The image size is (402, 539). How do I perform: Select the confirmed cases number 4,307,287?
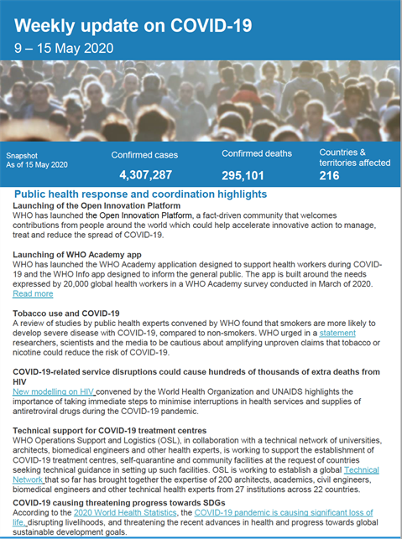click(144, 175)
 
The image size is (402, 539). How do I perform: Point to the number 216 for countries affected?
click(330, 175)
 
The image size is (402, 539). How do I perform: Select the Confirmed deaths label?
click(257, 153)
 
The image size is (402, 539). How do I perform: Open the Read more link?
click(33, 294)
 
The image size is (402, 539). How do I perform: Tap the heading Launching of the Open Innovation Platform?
click(97, 205)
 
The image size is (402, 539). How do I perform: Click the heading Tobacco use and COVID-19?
click(66, 312)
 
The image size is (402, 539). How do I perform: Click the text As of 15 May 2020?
click(38, 164)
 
